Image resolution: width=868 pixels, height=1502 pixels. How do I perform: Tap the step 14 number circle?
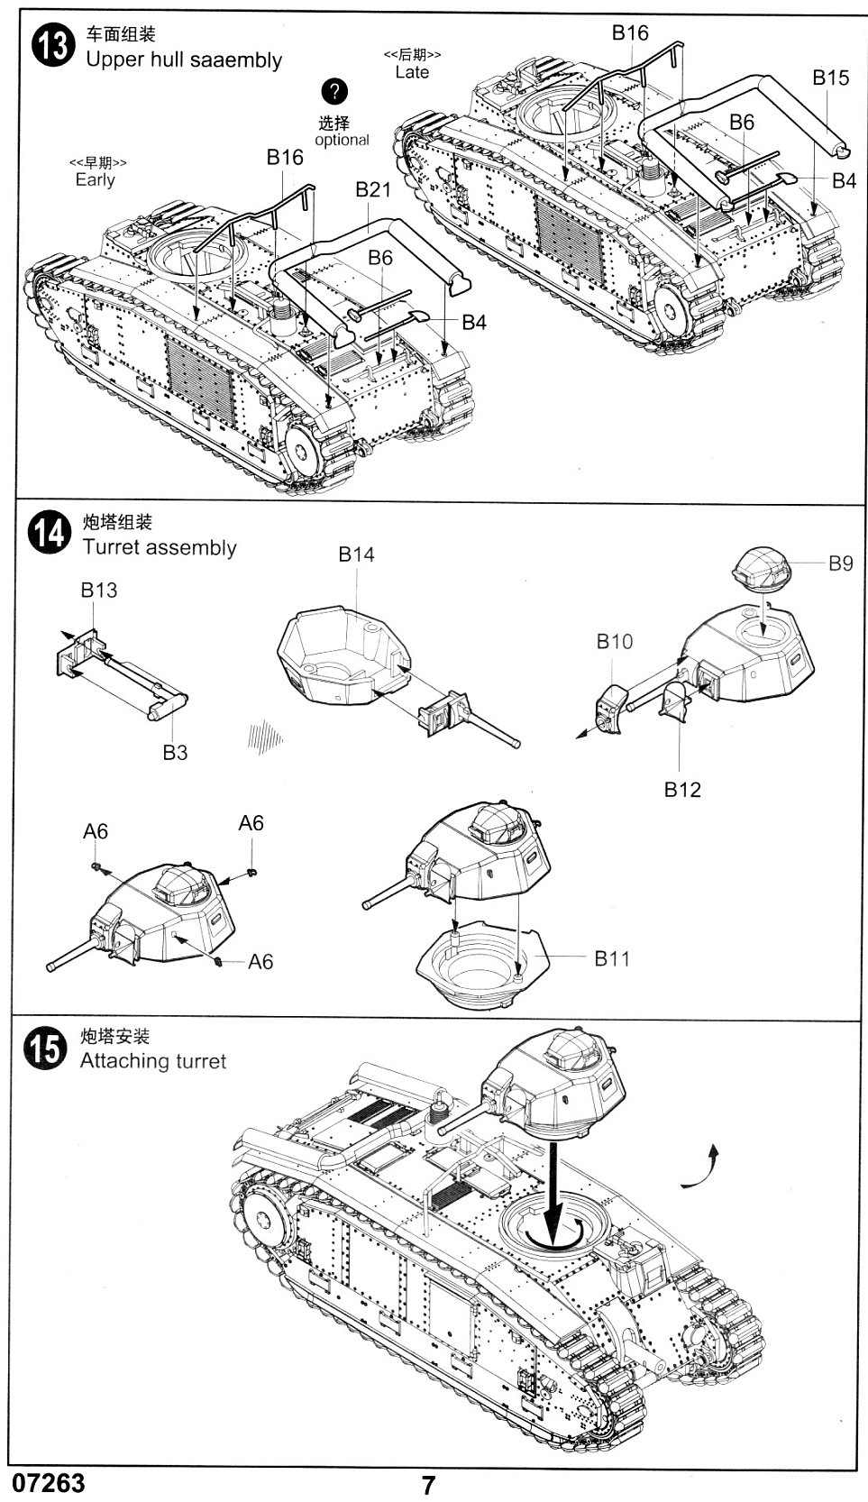click(x=49, y=533)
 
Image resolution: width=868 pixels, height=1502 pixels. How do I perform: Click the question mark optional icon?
click(x=334, y=92)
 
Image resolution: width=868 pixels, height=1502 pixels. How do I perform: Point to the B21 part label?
click(x=372, y=189)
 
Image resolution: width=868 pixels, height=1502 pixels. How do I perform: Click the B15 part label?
click(x=830, y=78)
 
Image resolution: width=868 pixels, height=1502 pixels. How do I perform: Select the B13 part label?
click(x=98, y=590)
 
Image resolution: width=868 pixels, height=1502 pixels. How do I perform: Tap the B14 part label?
click(x=356, y=554)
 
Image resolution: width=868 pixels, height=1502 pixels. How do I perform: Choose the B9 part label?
click(x=840, y=563)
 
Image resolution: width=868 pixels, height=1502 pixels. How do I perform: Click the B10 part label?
click(x=614, y=641)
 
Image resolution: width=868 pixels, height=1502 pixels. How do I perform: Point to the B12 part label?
click(x=682, y=789)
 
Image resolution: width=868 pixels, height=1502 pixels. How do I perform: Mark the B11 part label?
click(x=612, y=958)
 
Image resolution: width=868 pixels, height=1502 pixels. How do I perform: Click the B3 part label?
click(x=175, y=752)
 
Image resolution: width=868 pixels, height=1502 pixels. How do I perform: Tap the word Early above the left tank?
click(x=96, y=179)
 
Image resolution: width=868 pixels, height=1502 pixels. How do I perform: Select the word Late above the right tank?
click(x=412, y=72)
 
